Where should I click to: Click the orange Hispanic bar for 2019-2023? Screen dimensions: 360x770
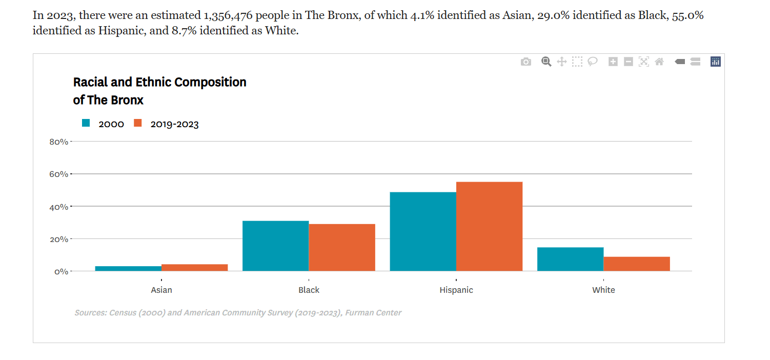(489, 226)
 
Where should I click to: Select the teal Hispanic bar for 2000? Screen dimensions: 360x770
(423, 231)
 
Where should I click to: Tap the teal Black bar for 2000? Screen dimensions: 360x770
(275, 246)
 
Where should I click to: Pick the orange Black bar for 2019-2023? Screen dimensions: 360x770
(342, 247)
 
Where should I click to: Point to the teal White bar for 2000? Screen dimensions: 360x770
(570, 259)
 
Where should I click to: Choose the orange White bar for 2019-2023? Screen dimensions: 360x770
(637, 264)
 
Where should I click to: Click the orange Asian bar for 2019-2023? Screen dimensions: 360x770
(194, 268)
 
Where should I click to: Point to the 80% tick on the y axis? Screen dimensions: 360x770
(58, 142)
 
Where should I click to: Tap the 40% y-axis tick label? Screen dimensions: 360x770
(58, 207)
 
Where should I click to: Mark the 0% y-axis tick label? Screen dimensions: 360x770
(61, 271)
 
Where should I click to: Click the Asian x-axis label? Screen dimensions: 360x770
(161, 290)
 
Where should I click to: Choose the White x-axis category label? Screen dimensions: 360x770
(603, 290)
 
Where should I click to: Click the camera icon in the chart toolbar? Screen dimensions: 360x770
(526, 62)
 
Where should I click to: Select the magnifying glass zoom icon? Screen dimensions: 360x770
(546, 62)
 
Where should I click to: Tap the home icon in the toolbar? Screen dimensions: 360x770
(659, 62)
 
